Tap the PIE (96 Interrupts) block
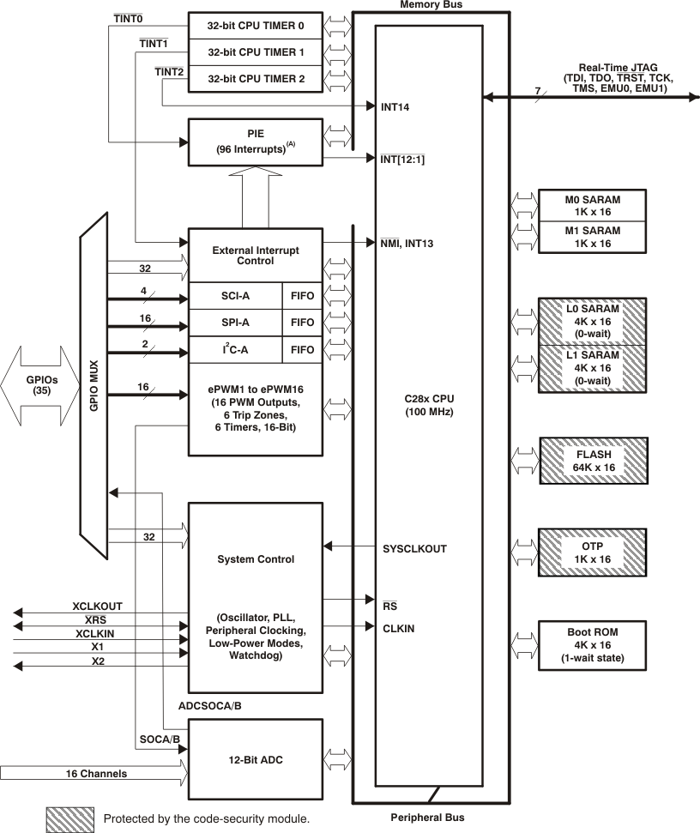pyautogui.click(x=255, y=142)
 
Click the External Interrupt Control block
pyautogui.click(x=255, y=255)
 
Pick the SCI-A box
pyautogui.click(x=234, y=296)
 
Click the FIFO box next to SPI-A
pyautogui.click(x=302, y=323)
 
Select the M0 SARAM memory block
pyautogui.click(x=592, y=206)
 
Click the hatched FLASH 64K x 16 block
pyautogui.click(x=592, y=462)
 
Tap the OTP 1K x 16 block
pyautogui.click(x=592, y=552)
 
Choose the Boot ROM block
pyautogui.click(x=592, y=644)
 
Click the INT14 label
pyautogui.click(x=396, y=107)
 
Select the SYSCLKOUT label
pyautogui.click(x=414, y=548)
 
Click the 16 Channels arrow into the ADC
pyautogui.click(x=94, y=774)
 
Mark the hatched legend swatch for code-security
pyautogui.click(x=70, y=818)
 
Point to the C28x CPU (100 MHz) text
pyautogui.click(x=430, y=406)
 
